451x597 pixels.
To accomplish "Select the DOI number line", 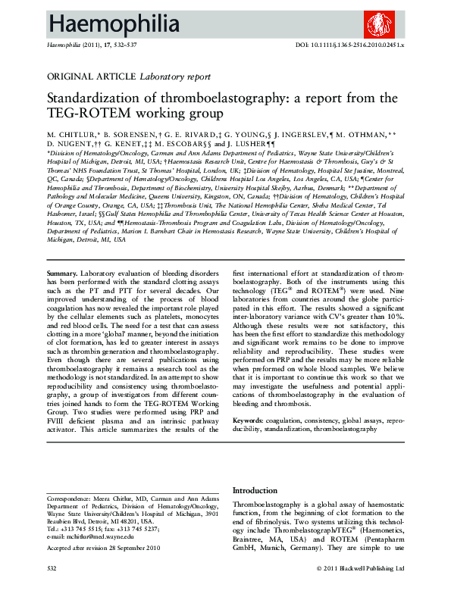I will click(349, 46).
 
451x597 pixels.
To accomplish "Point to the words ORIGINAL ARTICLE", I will click(92, 77).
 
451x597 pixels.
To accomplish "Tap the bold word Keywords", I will click(249, 420).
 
